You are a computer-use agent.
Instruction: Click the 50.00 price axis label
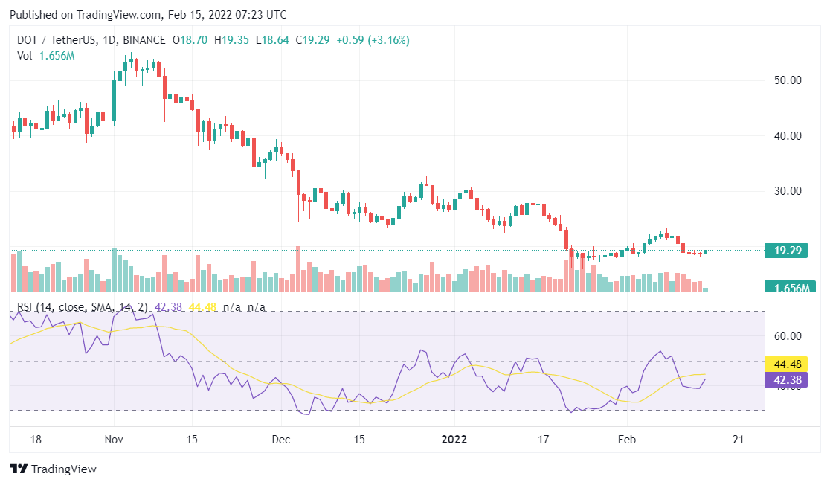click(x=788, y=80)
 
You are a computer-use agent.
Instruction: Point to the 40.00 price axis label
click(x=788, y=136)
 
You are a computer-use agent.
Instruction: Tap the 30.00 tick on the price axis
click(x=788, y=191)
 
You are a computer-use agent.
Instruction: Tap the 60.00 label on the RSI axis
click(x=788, y=336)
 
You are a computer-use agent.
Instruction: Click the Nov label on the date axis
click(x=113, y=439)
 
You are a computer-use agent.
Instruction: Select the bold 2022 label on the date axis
click(x=454, y=439)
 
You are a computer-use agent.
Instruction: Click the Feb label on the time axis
click(x=628, y=439)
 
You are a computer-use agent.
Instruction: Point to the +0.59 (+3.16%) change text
click(x=373, y=39)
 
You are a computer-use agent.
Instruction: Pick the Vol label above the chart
click(x=25, y=56)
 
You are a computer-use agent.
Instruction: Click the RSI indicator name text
click(x=26, y=307)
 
